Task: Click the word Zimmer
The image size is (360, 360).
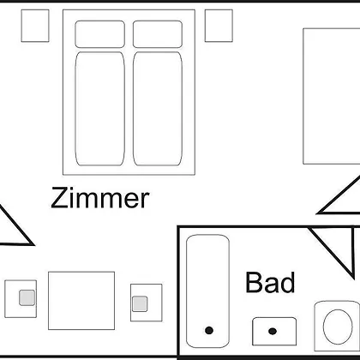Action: [100, 198]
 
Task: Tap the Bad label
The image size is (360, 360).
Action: [270, 283]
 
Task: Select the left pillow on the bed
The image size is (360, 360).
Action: [100, 34]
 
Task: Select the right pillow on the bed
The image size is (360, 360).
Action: [158, 34]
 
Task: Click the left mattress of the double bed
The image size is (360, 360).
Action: [100, 109]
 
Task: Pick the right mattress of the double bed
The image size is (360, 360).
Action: [158, 109]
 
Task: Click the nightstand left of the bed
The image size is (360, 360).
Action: [35, 26]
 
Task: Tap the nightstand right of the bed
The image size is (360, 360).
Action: [219, 26]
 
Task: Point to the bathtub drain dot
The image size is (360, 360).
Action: [209, 331]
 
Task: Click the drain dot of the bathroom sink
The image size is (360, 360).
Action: [273, 331]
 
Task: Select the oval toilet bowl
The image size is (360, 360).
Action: [338, 327]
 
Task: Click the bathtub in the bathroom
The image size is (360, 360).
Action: [207, 291]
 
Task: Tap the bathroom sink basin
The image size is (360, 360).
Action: [274, 331]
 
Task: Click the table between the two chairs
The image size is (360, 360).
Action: [81, 301]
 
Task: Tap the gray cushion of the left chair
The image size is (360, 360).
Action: [27, 297]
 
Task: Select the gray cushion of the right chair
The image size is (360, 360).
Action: [140, 303]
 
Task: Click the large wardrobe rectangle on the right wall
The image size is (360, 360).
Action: [332, 96]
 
